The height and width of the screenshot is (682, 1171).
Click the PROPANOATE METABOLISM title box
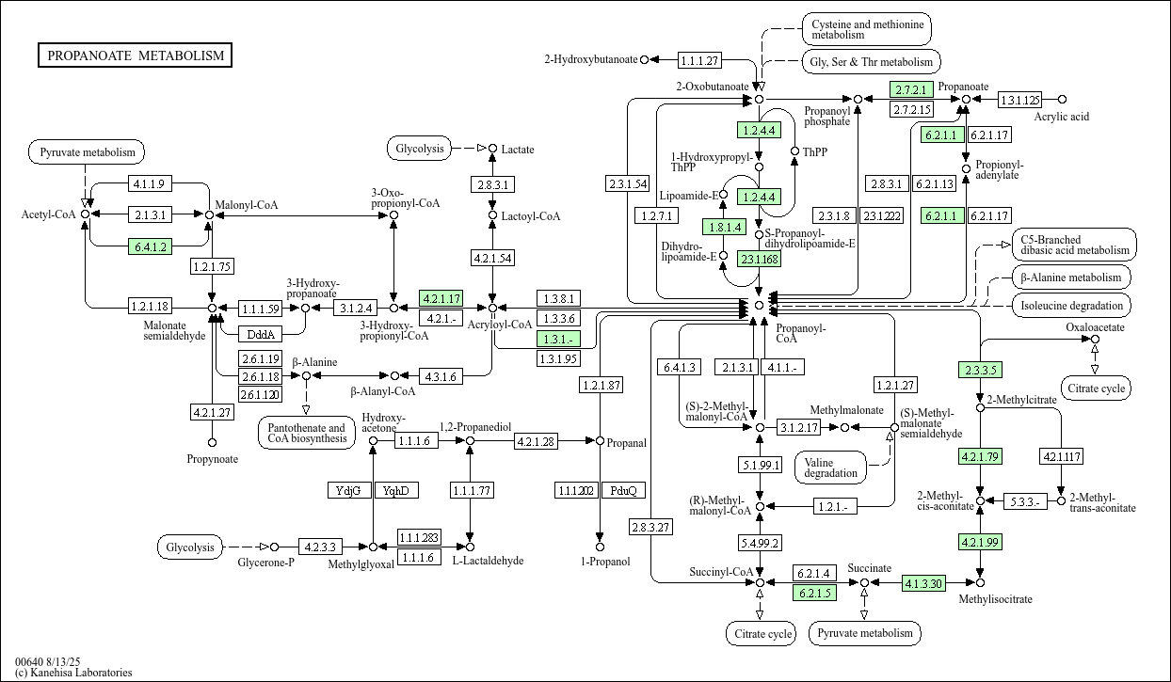pos(136,56)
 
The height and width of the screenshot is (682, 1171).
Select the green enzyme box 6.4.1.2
pos(150,247)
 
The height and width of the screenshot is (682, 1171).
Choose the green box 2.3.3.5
pos(979,370)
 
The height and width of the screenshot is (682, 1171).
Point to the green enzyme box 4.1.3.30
pos(923,583)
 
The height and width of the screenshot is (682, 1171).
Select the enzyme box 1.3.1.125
pos(1019,100)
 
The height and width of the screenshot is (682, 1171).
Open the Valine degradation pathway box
pos(831,467)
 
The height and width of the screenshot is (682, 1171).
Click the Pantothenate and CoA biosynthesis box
pos(305,434)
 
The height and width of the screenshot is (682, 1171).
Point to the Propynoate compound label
pos(212,459)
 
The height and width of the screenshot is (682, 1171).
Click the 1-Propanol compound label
pos(600,562)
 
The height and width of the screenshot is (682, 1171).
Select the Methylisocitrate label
pos(995,599)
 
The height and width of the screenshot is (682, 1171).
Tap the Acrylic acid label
pos(1061,117)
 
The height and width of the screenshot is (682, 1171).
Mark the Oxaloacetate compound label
pos(1095,327)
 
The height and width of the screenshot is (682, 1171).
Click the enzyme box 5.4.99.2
pos(760,543)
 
